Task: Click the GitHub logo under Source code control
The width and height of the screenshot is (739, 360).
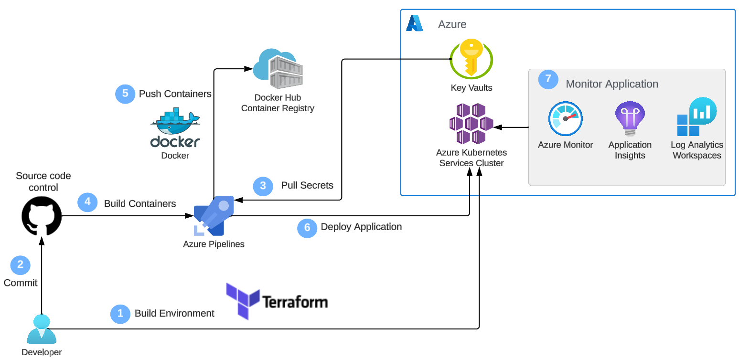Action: click(42, 216)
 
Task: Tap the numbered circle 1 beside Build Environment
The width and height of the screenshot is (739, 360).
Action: click(120, 314)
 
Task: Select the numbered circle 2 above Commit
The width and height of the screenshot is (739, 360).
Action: click(20, 265)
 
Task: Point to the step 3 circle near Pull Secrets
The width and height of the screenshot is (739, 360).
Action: click(263, 186)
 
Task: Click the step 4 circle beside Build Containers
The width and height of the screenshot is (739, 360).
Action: click(87, 202)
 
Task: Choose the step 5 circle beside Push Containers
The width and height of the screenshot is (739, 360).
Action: click(125, 94)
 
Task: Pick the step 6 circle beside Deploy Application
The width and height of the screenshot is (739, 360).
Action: click(307, 228)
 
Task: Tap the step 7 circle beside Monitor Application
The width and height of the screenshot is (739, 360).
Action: click(548, 79)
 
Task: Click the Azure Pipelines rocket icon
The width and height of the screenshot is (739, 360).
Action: click(214, 216)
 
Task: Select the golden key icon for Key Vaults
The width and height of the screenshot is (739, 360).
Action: click(471, 59)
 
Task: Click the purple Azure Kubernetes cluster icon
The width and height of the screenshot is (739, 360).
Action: click(471, 124)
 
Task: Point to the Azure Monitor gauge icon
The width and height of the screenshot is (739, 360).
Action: click(565, 118)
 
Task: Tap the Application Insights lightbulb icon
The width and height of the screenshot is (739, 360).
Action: click(630, 118)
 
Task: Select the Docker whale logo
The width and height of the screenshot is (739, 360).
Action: click(175, 121)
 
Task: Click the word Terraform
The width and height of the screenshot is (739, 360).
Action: click(295, 302)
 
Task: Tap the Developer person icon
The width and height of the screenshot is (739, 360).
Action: click(42, 329)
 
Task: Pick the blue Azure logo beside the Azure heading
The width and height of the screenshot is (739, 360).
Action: click(414, 23)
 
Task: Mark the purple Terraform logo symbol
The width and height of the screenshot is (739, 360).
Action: click(243, 301)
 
